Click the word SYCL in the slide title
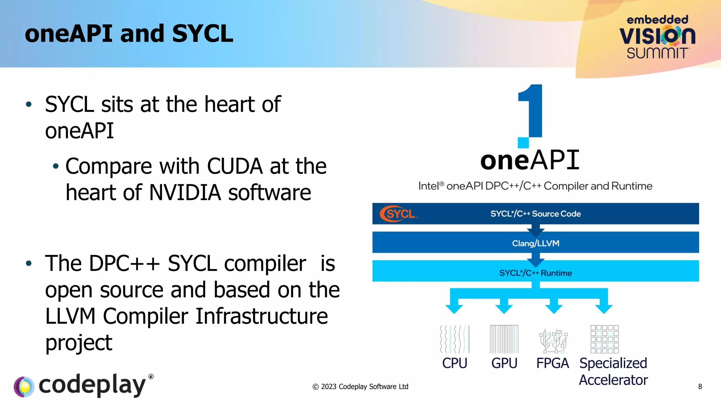point(202,34)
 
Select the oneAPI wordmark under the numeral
point(530,160)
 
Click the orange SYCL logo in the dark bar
point(398,214)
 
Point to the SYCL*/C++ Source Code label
point(535,214)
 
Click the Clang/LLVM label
point(535,243)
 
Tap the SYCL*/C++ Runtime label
point(535,273)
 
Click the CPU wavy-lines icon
point(454,339)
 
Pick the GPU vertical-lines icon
point(504,339)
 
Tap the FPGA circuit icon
point(553,340)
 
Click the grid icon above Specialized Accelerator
point(604,339)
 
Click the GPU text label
point(504,363)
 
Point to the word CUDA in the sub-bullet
point(234,166)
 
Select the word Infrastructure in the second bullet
point(262,316)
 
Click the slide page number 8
point(700,387)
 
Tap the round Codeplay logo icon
point(24,387)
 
